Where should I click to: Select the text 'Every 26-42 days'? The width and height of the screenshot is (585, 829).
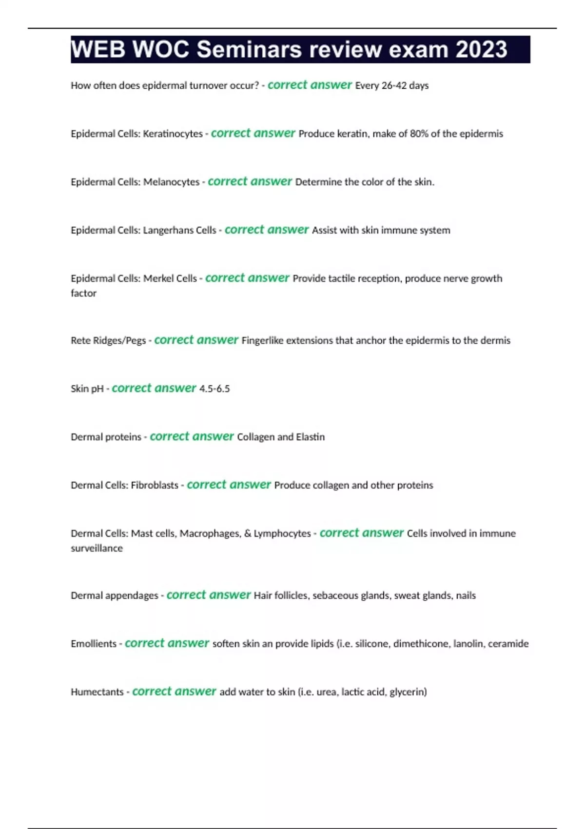click(x=391, y=86)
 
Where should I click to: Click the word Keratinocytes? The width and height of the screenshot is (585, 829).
click(x=173, y=134)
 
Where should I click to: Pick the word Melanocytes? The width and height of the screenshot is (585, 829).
click(x=171, y=182)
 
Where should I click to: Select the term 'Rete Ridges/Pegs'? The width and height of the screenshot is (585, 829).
click(x=108, y=341)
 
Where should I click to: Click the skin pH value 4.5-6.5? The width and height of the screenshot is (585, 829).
click(x=214, y=389)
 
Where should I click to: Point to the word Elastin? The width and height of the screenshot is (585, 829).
click(x=310, y=437)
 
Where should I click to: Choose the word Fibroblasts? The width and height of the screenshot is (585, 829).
click(x=155, y=486)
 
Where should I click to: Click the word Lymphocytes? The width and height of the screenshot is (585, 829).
click(x=282, y=534)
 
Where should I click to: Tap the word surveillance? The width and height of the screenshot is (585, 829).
click(x=97, y=549)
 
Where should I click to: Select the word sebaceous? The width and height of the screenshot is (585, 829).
click(x=336, y=596)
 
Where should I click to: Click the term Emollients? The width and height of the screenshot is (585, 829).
click(x=94, y=644)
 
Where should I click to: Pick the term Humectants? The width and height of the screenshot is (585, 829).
click(x=97, y=692)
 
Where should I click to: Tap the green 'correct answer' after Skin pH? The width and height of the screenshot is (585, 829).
click(x=154, y=388)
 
